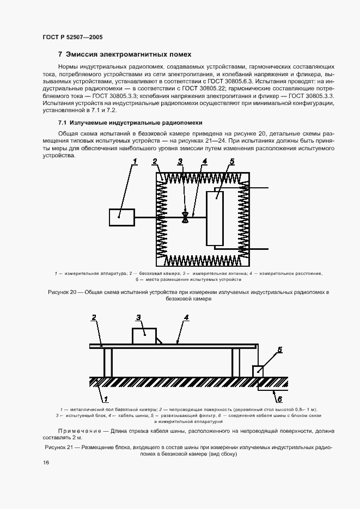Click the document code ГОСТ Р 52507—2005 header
[72, 37]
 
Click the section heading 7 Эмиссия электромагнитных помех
[125, 54]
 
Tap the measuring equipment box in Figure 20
[121, 217]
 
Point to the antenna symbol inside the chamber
[186, 217]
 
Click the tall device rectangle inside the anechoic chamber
[215, 217]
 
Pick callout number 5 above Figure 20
[231, 161]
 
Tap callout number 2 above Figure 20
[155, 161]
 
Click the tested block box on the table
[144, 335]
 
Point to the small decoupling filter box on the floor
[258, 371]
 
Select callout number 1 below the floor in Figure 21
[105, 398]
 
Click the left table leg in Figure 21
[108, 362]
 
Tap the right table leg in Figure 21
[236, 362]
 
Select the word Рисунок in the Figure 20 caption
[59, 292]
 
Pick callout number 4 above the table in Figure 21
[186, 316]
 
